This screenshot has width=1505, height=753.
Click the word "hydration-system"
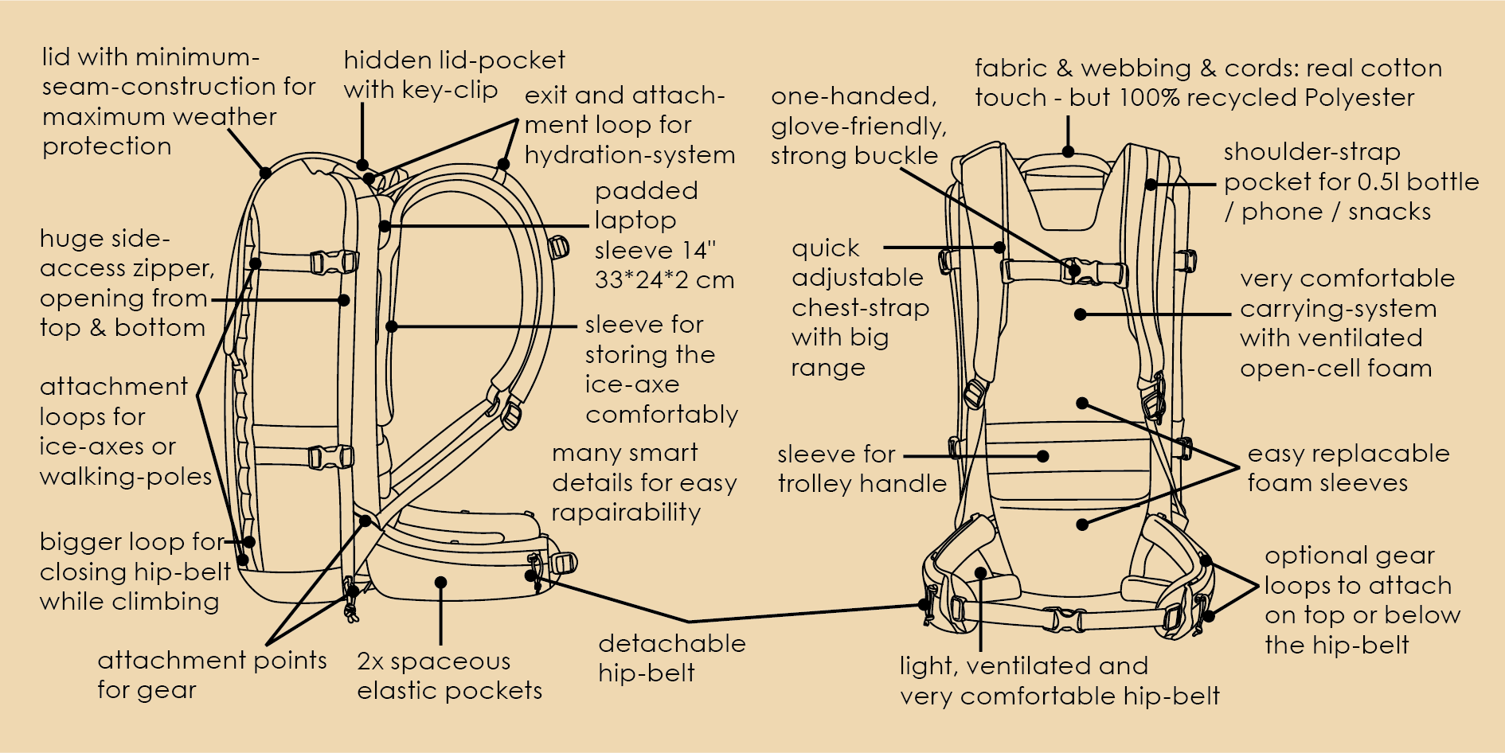[x=629, y=154]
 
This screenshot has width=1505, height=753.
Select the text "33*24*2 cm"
[x=664, y=280]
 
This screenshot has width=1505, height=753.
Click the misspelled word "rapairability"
[x=626, y=513]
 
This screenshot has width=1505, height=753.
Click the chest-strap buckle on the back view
[x=1073, y=271]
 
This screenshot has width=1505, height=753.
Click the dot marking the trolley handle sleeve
[x=1042, y=456]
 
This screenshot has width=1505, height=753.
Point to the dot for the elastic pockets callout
[x=440, y=583]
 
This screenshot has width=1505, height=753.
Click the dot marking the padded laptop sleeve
[x=385, y=226]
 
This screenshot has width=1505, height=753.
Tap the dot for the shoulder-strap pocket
[x=1151, y=185]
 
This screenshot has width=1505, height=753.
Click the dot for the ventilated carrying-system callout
[x=1081, y=314]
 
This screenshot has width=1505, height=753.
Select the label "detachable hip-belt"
[x=671, y=658]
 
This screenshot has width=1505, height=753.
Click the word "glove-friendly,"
[x=858, y=126]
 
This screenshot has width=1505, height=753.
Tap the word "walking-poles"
[x=126, y=477]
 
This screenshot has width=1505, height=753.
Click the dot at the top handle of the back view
[x=1068, y=152]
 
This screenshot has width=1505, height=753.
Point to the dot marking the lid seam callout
[x=265, y=172]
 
